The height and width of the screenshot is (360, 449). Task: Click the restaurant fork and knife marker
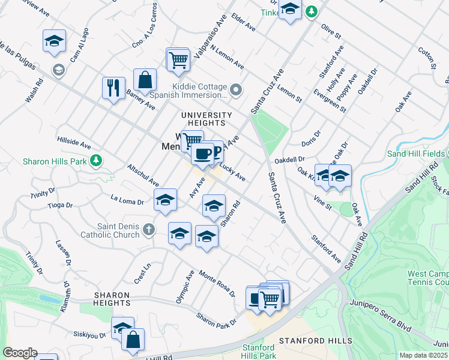(113, 88)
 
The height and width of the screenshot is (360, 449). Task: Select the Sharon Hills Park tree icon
(96, 160)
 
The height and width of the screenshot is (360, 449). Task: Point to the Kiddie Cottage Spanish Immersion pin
(236, 91)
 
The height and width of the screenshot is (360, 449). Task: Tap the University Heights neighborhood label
(207, 119)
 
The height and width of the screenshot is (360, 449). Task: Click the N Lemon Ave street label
(227, 56)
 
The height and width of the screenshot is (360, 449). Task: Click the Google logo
(20, 353)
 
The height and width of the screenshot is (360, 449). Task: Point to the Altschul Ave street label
(142, 173)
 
